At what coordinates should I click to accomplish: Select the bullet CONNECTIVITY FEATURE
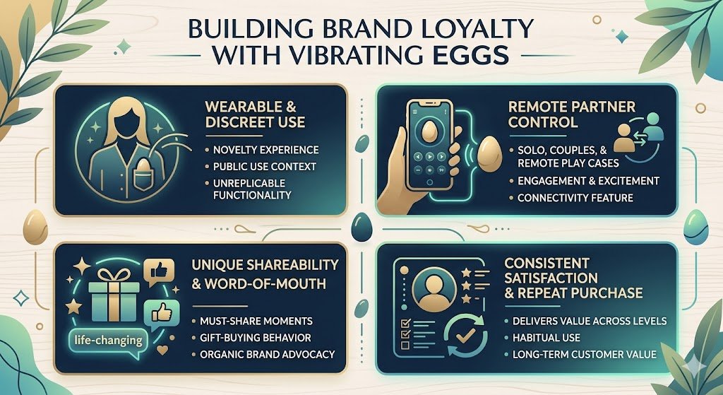(x=575, y=198)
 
